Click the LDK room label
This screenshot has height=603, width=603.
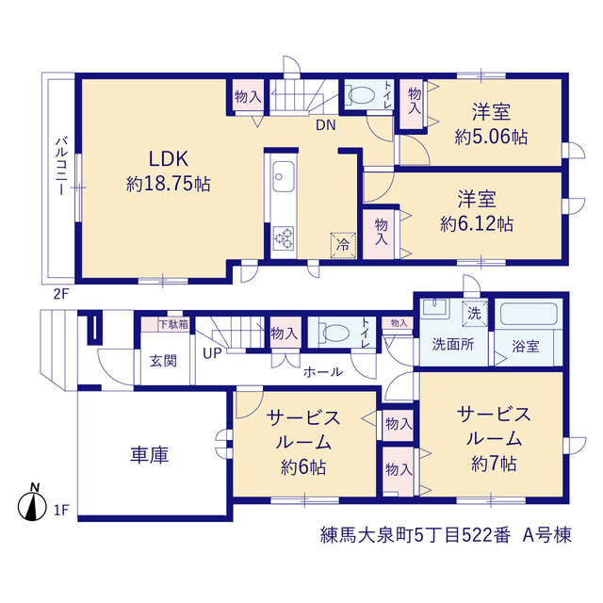point(169,159)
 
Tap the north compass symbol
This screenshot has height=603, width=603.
point(32,504)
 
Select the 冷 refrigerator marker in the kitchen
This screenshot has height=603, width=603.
point(343,245)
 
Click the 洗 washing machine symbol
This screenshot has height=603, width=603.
point(475,314)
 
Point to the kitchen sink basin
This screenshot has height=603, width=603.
point(284,177)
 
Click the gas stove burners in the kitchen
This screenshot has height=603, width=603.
point(284,237)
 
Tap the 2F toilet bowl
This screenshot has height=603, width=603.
point(361,94)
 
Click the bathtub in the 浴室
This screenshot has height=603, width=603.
point(529,314)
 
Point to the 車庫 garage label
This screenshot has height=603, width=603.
point(150,454)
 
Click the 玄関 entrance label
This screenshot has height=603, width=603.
point(163,361)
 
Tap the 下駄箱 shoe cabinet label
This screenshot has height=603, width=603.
point(173,324)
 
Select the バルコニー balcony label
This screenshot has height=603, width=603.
point(60,166)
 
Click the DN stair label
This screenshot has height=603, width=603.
point(326,125)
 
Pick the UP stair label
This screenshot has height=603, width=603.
point(212,353)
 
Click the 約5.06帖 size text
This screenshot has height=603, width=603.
point(491,137)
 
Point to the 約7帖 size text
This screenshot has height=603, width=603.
point(494,464)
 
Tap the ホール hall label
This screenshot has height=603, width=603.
point(323,372)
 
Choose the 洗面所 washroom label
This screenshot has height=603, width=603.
point(453,344)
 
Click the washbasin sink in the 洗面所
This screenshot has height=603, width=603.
point(435,308)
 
